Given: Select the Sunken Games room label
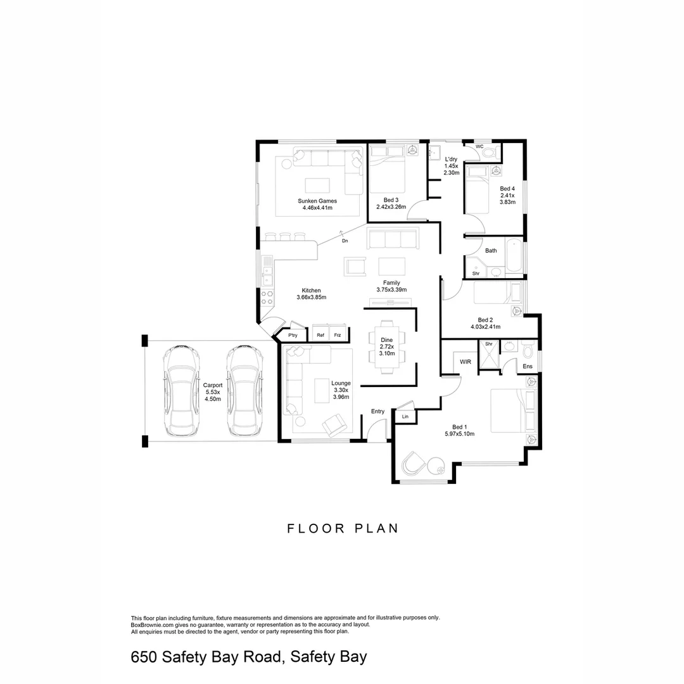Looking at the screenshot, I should [317, 201].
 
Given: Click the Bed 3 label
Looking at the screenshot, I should [391, 200].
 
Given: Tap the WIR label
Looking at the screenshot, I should [465, 362].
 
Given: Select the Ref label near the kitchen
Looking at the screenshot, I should [320, 335].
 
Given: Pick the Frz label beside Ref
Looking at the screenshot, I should [338, 335].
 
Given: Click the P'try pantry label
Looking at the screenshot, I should [293, 335].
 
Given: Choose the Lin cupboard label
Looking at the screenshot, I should [405, 417].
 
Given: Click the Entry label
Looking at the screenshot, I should [377, 412].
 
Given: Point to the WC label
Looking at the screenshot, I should [479, 147].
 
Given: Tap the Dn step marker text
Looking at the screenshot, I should [345, 241].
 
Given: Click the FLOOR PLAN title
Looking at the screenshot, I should [343, 528].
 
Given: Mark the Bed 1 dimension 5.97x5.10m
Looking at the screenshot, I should [460, 434].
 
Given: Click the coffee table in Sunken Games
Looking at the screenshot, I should [317, 185].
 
